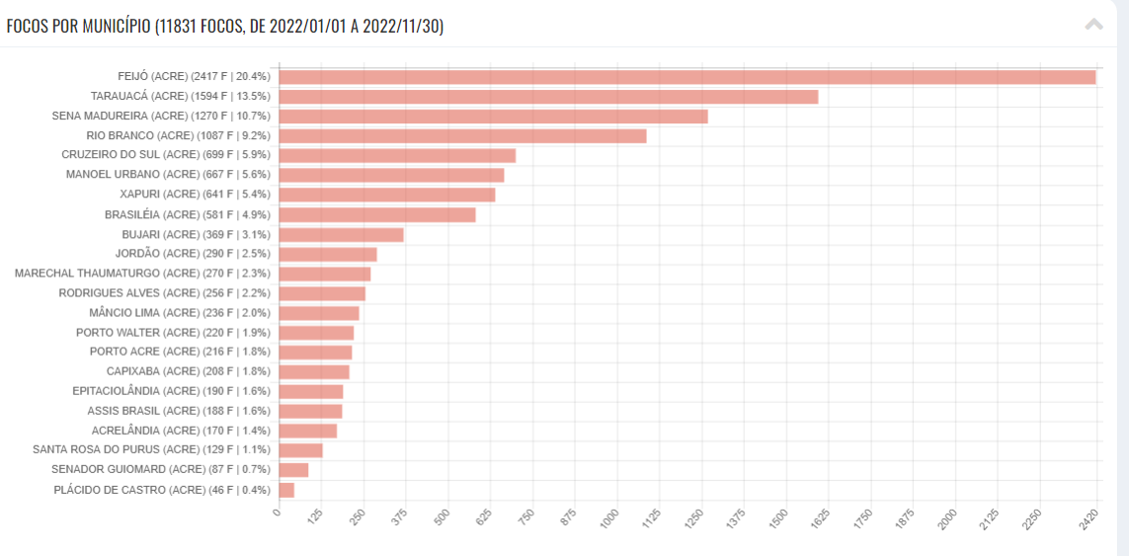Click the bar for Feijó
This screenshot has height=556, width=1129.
point(687,77)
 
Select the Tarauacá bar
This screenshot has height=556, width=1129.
point(548,97)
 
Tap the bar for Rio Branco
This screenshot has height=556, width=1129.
point(462,135)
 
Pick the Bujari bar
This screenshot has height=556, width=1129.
point(341,234)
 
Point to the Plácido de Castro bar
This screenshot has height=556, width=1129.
point(286,490)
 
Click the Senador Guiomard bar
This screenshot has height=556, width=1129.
point(293,470)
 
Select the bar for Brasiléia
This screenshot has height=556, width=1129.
point(376,214)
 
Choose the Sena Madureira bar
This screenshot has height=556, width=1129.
point(493,117)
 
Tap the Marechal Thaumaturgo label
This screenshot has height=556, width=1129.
point(142,274)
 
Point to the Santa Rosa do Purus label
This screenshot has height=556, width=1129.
point(151,450)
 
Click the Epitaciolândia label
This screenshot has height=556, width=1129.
point(171,391)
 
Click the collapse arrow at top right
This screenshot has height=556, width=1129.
point(1093,25)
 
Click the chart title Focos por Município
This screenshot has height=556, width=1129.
point(225,26)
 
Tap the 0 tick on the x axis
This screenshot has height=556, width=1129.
point(278,513)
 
